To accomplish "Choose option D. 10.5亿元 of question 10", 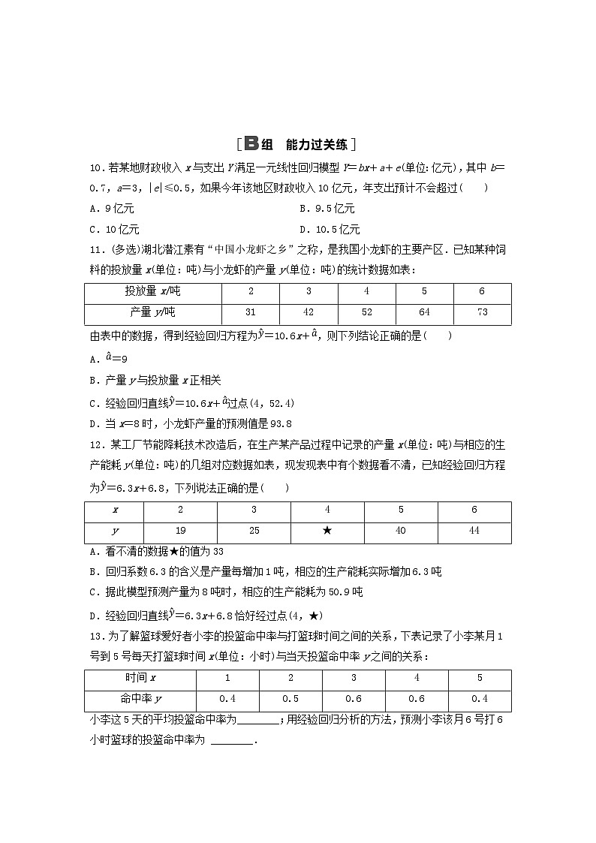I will pos(330,230).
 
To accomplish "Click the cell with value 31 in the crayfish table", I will pos(251,312).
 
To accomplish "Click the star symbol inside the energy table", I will pos(327,531).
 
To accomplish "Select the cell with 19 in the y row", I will pos(181,531).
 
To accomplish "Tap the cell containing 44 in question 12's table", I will pos(474,531).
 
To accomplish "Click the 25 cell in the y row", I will pos(254,531).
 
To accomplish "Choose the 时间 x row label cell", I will pos(140,678).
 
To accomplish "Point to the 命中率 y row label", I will pos(140,699).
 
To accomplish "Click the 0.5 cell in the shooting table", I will pos(290,699).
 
